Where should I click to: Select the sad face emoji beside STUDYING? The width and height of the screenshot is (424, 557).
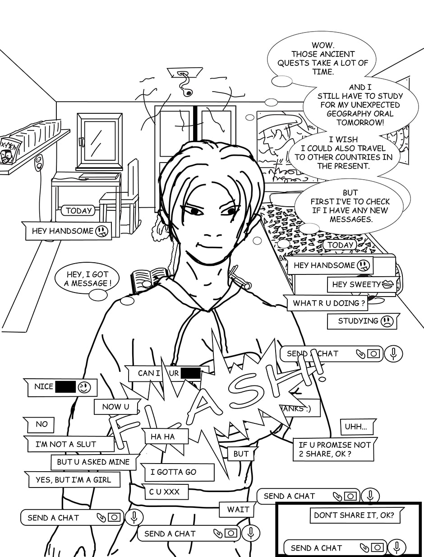tap(387, 321)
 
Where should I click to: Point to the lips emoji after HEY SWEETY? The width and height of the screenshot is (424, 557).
tap(388, 284)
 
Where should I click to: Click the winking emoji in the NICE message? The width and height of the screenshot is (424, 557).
tap(84, 387)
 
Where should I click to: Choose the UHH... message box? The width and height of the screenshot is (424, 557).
tap(356, 427)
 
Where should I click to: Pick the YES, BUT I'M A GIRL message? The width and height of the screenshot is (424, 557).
tap(74, 480)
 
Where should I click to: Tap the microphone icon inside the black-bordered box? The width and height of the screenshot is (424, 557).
tap(396, 548)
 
